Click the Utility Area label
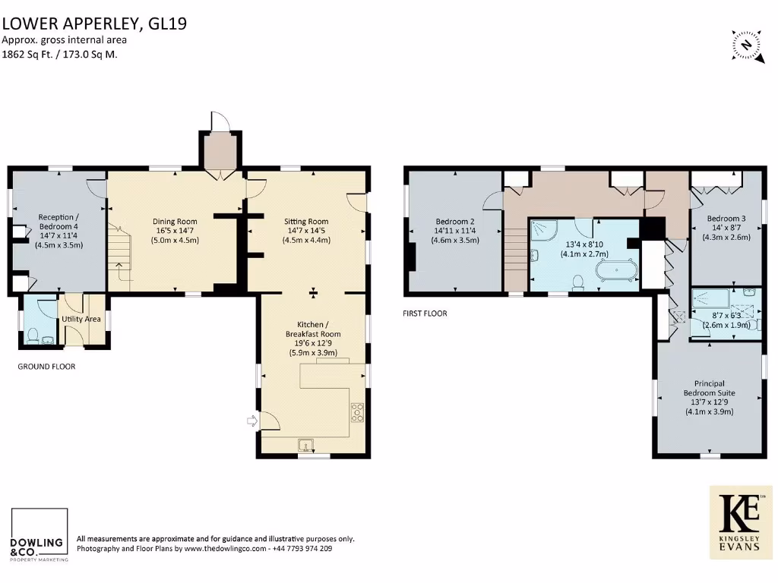click(82, 320)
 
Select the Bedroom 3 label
click(726, 219)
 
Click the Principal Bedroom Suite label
click(709, 388)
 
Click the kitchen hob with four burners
click(357, 413)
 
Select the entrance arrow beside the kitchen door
click(251, 421)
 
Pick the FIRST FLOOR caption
click(425, 313)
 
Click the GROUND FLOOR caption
click(46, 367)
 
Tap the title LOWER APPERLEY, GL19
click(93, 23)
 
